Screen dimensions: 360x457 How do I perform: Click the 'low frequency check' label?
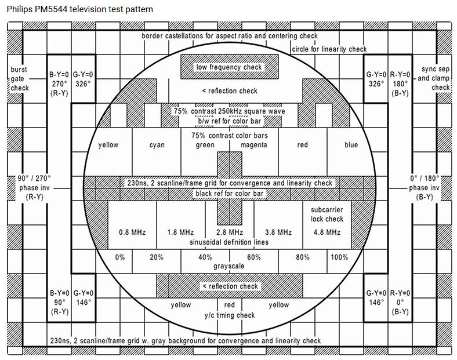tap(229, 67)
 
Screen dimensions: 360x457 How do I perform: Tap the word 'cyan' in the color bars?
tap(157, 145)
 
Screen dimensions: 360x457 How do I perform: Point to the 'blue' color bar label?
tap(351, 145)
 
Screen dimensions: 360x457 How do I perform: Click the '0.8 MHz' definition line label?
tap(132, 232)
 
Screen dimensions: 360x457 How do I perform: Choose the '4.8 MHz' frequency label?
tap(327, 232)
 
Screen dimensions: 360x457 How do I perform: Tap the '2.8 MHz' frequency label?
tap(229, 232)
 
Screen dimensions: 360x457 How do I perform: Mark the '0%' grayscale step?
tap(120, 257)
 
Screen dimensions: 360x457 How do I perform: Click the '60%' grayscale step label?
tap(253, 257)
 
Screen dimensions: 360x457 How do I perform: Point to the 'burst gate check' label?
tap(19, 79)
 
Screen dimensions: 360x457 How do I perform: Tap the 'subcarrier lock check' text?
tap(327, 214)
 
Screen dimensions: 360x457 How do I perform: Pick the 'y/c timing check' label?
tap(229, 315)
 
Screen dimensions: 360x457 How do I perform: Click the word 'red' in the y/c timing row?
tap(229, 305)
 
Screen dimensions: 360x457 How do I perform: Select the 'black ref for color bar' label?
tap(229, 192)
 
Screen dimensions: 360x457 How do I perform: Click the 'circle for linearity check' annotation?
tap(329, 49)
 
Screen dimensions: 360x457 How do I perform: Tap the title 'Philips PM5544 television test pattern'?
tap(81, 10)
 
